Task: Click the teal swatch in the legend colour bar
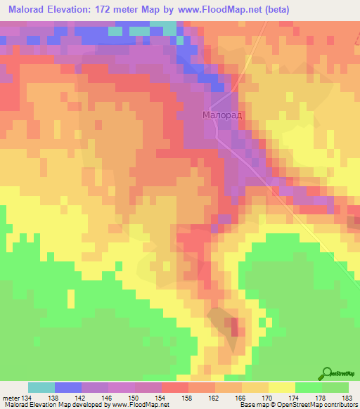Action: tap(41, 387)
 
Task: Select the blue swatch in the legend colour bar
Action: tap(68, 387)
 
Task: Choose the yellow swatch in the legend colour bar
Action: tap(281, 387)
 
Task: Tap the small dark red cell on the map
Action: tap(235, 326)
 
